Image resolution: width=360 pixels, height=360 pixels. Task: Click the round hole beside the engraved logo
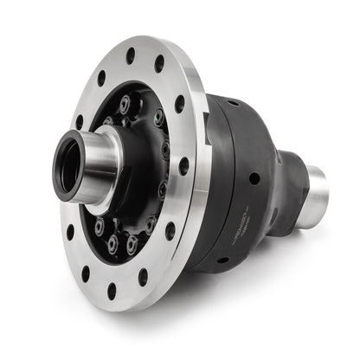(254, 178)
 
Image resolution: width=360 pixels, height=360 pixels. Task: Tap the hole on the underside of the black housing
(222, 259)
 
